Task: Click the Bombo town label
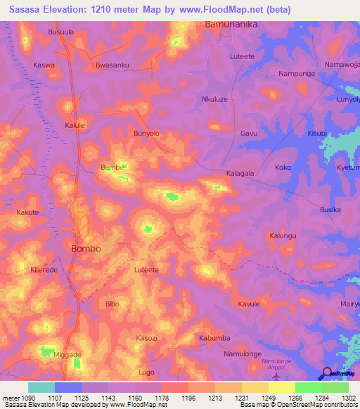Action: (x=86, y=249)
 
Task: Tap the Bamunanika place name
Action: (x=231, y=24)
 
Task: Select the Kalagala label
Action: (x=240, y=172)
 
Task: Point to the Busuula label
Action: (x=60, y=32)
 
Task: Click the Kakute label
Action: (x=28, y=212)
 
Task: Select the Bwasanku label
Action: (x=112, y=65)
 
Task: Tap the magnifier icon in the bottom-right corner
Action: (x=326, y=373)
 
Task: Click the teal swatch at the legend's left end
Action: (x=41, y=387)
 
